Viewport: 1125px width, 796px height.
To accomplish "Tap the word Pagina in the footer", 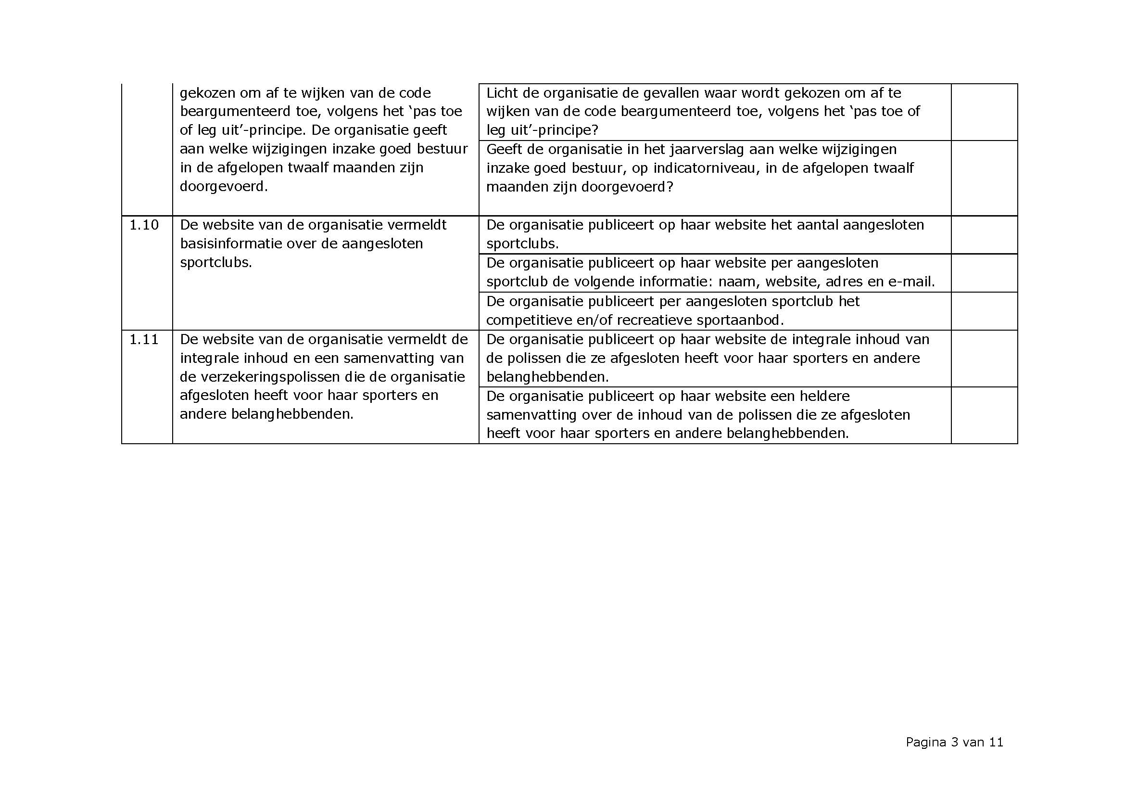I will pos(925,742).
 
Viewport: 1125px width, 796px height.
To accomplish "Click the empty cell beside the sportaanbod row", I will pos(984,311).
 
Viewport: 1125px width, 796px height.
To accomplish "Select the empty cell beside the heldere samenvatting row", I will pos(984,415).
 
